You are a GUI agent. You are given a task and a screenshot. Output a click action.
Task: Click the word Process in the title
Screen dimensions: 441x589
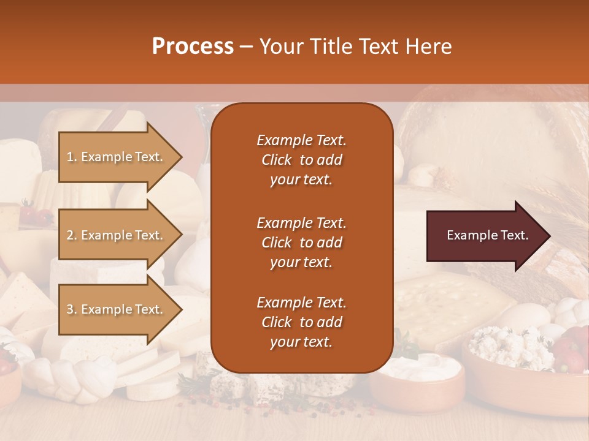(x=193, y=47)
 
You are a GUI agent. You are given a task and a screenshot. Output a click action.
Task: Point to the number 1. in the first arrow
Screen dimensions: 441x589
(x=72, y=157)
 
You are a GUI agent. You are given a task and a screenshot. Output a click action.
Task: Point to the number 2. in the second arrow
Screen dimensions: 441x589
(x=72, y=235)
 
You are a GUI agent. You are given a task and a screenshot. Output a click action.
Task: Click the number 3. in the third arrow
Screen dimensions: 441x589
(x=72, y=309)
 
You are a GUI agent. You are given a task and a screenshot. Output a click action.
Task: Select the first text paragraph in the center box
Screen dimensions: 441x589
(x=301, y=160)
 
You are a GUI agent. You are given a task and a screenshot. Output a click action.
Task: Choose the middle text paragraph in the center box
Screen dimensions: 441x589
(x=301, y=243)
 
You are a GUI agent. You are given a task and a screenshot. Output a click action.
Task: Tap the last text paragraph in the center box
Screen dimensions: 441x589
(x=301, y=322)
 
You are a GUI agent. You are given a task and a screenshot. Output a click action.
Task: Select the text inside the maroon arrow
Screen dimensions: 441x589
(x=488, y=236)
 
